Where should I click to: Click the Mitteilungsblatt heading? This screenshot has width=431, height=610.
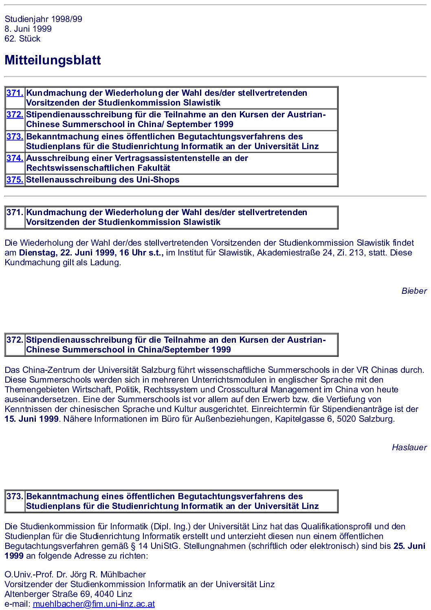coord(53,60)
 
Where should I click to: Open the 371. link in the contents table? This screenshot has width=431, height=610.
coord(15,93)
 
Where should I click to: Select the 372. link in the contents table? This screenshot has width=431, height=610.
coord(15,115)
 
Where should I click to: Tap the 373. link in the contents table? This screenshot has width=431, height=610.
coord(15,137)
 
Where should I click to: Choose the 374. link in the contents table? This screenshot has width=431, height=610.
coord(15,158)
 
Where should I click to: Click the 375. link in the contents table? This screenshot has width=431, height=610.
coord(15,180)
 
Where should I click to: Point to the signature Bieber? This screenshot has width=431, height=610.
coord(414,291)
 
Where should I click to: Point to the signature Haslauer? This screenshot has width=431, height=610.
coord(409,447)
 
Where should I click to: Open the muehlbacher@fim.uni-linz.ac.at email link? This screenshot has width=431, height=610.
coord(94,604)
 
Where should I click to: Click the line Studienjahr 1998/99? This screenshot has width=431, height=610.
coord(43,19)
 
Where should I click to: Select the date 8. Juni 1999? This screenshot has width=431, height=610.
coord(28,29)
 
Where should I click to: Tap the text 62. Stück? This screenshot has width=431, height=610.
coord(22,39)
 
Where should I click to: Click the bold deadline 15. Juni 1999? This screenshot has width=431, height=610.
coord(32,419)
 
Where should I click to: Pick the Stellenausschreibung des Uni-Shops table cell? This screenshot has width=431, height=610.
coord(103,180)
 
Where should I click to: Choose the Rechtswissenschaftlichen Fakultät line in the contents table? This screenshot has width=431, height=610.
coord(98,168)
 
